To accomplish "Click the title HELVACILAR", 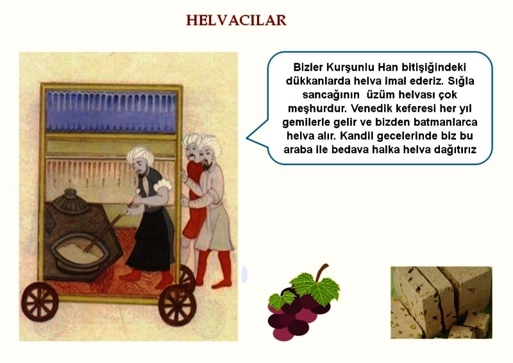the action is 236,21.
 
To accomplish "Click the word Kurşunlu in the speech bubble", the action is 350,67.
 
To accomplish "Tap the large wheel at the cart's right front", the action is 177,305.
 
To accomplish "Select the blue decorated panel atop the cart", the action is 111,112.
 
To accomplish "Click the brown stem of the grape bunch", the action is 322,271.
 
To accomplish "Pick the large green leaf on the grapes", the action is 315,287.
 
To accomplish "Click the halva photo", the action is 441,303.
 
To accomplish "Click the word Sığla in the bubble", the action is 460,81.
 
